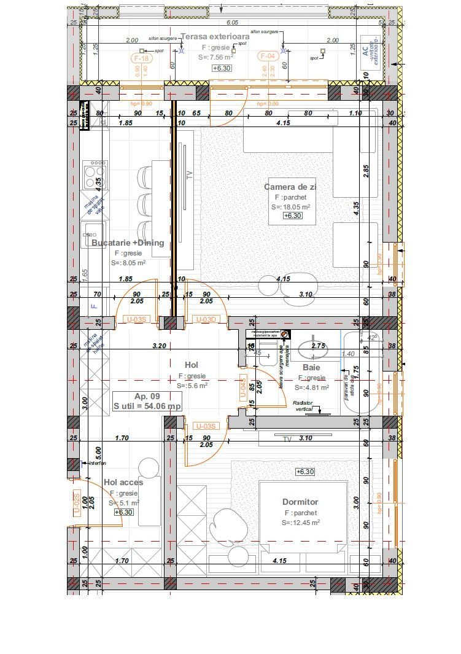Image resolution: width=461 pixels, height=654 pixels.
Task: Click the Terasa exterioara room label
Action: coord(215,37)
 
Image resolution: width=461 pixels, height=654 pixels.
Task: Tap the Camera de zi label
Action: coord(290,187)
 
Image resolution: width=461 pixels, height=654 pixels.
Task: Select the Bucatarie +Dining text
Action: coord(128,243)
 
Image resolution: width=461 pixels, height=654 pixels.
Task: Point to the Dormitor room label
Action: coord(300,502)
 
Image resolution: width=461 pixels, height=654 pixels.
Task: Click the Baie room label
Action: coord(311,367)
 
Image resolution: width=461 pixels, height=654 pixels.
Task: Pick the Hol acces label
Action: coord(123,482)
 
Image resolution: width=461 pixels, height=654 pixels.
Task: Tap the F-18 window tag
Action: coord(141,58)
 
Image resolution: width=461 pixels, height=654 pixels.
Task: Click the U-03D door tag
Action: coord(206,319)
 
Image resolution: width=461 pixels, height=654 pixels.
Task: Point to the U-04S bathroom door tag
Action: coord(242,389)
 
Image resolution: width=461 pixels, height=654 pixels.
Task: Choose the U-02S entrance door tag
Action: coord(77,504)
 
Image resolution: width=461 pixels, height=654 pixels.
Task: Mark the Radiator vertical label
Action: coord(304,406)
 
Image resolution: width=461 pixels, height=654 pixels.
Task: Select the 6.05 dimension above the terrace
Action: coord(232,22)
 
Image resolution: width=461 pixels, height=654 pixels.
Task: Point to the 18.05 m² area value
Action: coord(290,207)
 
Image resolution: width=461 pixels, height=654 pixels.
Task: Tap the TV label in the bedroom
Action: coord(287,438)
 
